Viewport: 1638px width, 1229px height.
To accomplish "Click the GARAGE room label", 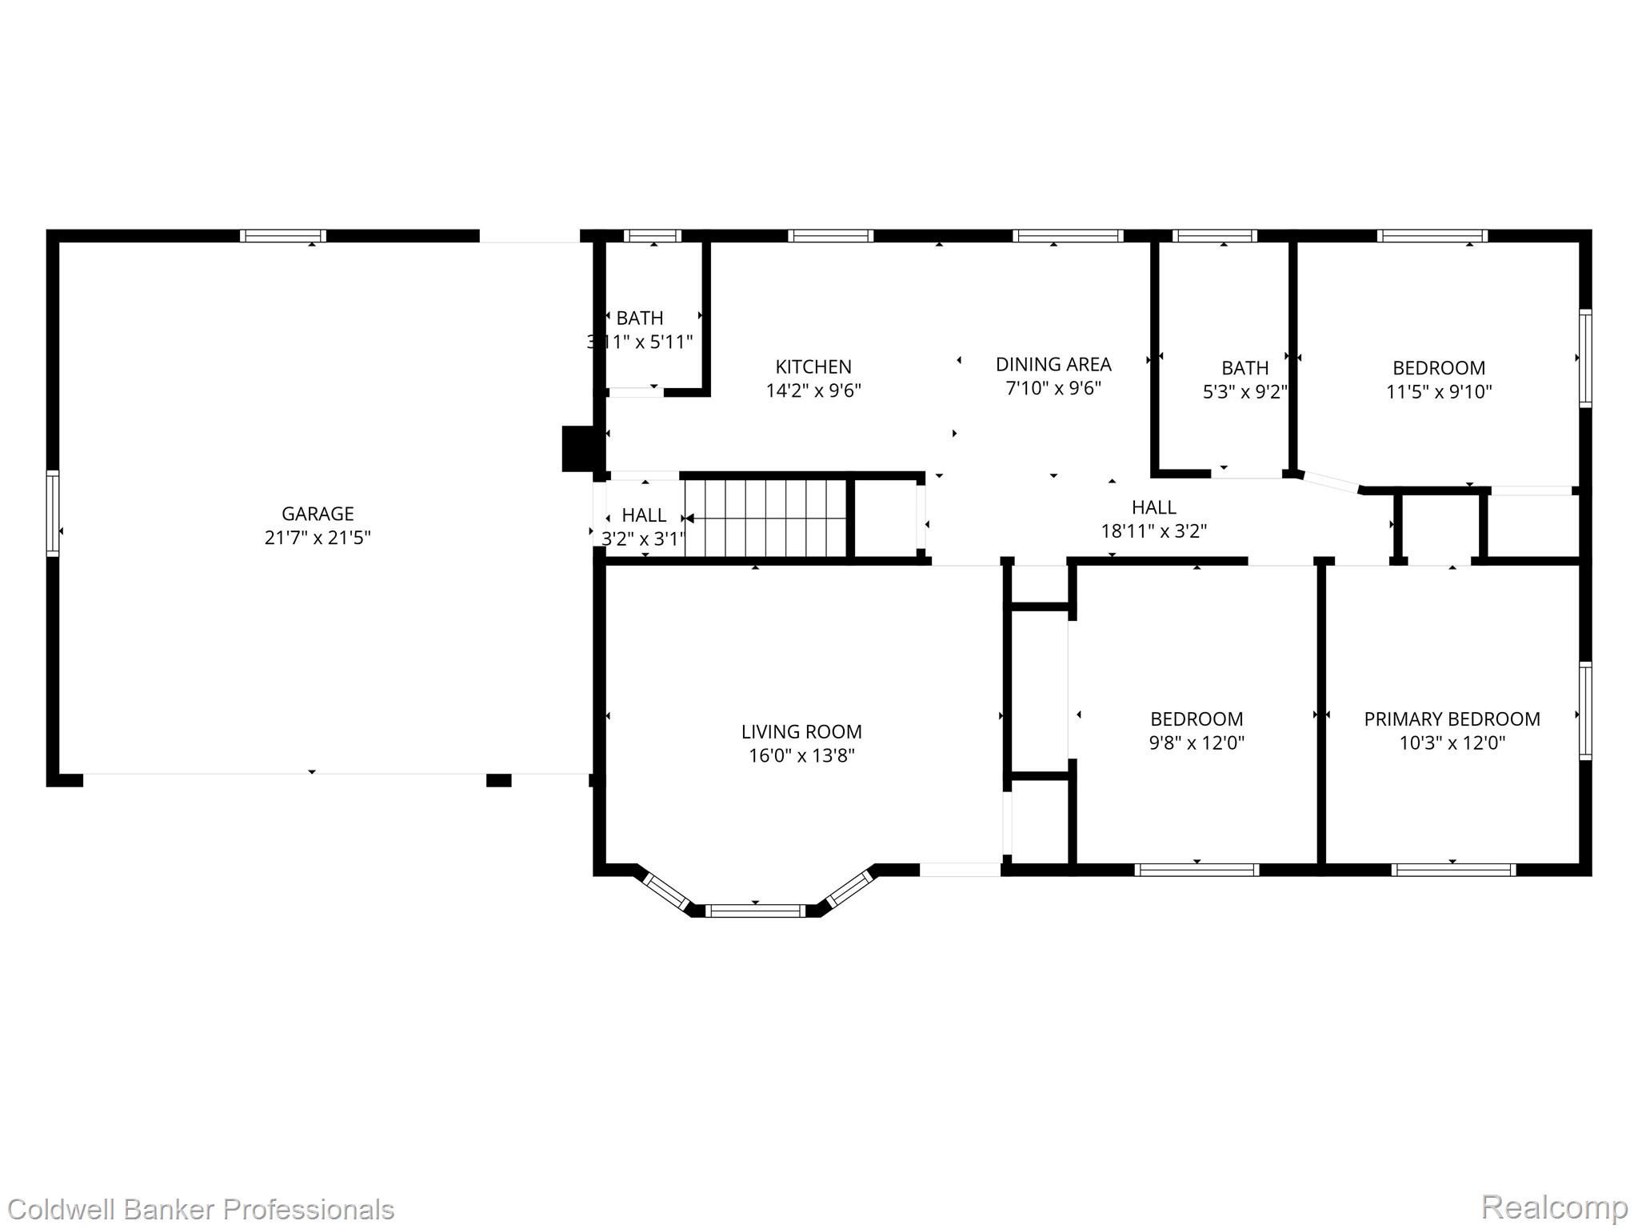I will (318, 514).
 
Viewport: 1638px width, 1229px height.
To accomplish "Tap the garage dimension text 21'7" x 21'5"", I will (318, 538).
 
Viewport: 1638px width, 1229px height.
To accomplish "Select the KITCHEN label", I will (813, 367).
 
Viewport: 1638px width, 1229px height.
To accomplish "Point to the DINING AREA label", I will (1053, 365).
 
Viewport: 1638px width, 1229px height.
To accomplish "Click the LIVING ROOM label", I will (801, 731).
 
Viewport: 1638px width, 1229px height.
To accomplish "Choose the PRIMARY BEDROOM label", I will (1452, 719).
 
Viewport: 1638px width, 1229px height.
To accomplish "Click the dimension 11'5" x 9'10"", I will (1439, 392).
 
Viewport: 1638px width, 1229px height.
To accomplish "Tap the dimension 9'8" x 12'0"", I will (1197, 743).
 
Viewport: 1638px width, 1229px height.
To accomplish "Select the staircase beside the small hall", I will (765, 517).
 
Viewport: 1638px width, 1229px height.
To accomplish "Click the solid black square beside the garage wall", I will (579, 449).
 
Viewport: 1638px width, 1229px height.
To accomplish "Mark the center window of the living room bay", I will (755, 911).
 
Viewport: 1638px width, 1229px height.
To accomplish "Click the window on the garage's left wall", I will (53, 514).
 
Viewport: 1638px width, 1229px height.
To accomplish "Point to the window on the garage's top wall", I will (283, 236).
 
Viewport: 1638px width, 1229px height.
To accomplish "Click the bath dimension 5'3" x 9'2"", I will (1244, 392).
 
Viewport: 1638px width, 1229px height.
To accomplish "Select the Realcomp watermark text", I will (1554, 1207).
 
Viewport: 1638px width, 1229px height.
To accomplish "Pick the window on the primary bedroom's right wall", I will (1584, 711).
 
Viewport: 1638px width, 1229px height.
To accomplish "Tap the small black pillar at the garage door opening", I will (498, 780).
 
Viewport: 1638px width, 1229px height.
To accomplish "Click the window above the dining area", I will (1068, 236).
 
